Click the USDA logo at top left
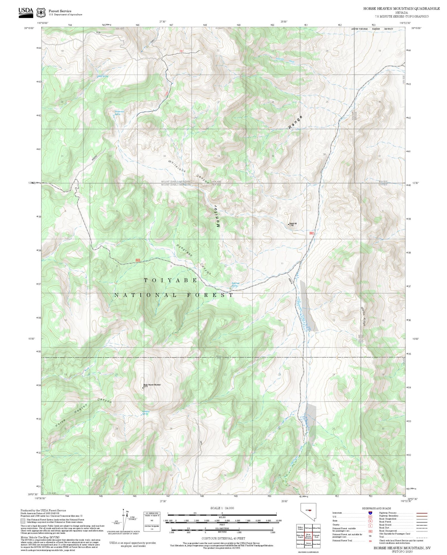click(26, 13)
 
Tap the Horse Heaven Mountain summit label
click(152, 385)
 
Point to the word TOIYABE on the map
click(171, 280)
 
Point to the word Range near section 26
click(295, 122)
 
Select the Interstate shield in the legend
click(370, 513)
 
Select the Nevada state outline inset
click(308, 511)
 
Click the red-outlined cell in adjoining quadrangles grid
click(308, 535)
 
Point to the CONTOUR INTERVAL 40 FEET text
click(223, 538)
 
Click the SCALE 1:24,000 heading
click(222, 508)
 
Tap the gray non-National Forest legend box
click(23, 521)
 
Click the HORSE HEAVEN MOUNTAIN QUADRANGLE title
click(401, 8)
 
